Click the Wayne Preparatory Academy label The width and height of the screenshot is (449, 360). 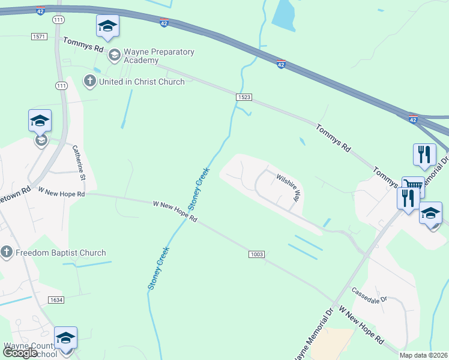[x=159, y=56]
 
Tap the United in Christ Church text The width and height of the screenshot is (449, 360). [x=142, y=82]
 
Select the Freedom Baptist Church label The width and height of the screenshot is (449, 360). [x=60, y=253]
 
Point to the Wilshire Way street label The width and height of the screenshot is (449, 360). [x=288, y=188]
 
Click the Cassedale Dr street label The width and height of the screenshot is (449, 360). [x=370, y=295]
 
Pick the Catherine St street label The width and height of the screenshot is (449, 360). [x=79, y=163]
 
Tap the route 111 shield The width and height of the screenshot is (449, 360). [x=58, y=20]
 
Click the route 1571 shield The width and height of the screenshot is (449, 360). [x=38, y=37]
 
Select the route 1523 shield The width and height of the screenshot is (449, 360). [x=244, y=97]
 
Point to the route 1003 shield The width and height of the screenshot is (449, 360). [x=256, y=254]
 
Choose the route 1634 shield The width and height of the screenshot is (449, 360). [x=56, y=299]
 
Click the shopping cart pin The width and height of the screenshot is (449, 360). [x=412, y=185]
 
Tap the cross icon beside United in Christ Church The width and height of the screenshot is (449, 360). [x=90, y=81]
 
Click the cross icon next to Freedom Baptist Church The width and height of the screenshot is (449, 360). [x=7, y=252]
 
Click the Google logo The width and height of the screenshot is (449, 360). [x=20, y=353]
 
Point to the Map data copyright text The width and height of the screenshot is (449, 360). [x=423, y=355]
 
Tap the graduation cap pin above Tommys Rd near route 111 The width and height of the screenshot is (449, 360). [x=107, y=26]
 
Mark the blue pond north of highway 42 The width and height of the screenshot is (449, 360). [x=283, y=16]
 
